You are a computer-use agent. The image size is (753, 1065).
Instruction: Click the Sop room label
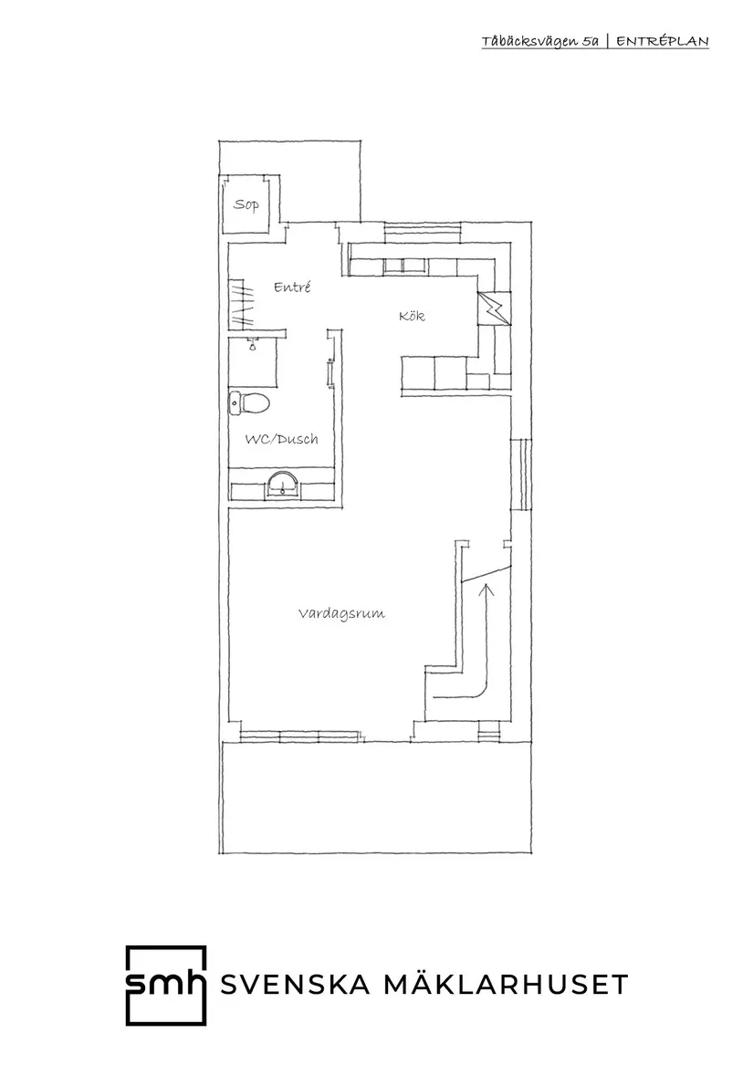(246, 204)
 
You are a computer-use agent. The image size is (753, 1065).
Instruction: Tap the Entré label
(293, 287)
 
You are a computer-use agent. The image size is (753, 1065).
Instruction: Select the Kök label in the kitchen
(413, 317)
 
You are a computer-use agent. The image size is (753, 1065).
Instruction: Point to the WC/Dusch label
(281, 439)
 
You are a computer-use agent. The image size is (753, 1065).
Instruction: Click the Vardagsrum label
(341, 613)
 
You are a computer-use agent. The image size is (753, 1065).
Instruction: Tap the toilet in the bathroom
(249, 402)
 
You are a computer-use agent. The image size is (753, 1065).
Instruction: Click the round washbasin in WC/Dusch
(284, 484)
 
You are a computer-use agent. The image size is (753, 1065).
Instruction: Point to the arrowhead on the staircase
(485, 589)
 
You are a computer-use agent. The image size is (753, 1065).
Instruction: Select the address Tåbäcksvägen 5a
(540, 42)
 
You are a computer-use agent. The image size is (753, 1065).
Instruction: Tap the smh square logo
(165, 985)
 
